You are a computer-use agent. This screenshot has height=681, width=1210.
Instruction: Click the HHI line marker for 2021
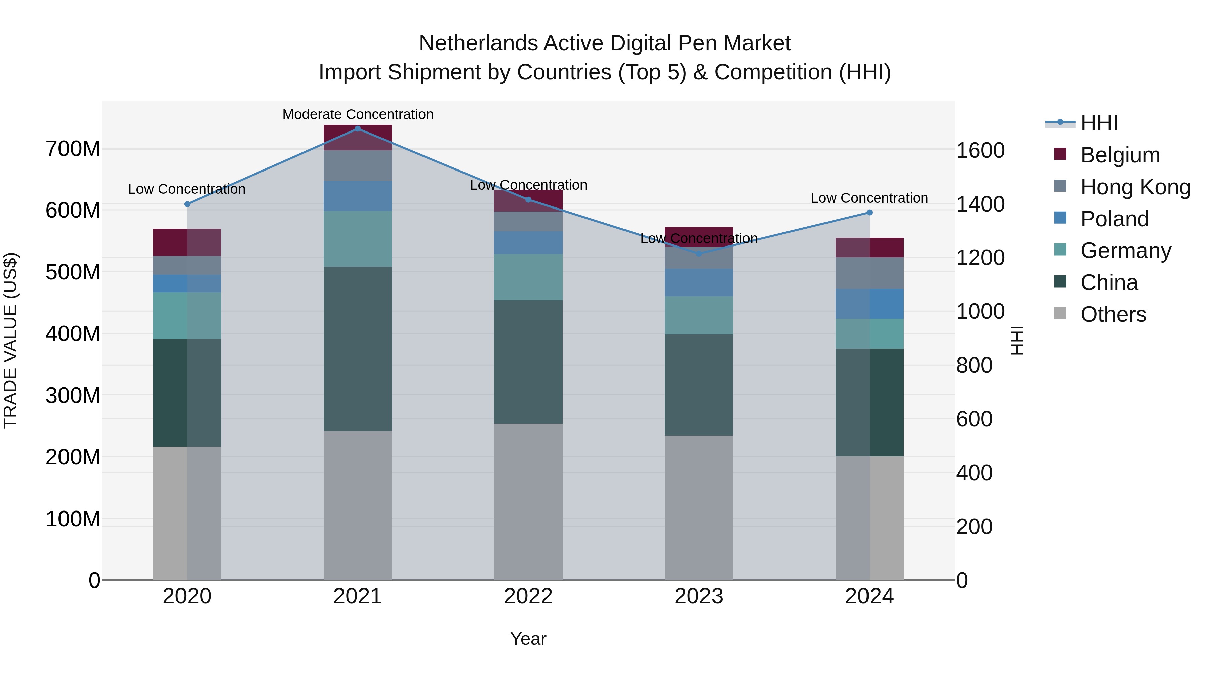(x=358, y=129)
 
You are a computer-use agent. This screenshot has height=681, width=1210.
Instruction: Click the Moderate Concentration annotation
(x=358, y=115)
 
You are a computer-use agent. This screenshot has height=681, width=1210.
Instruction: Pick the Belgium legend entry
(x=1120, y=155)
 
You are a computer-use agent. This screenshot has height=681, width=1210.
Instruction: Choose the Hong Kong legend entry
(x=1135, y=187)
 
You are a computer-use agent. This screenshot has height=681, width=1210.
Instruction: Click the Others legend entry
(x=1113, y=314)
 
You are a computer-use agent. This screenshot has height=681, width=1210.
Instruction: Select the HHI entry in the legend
(x=1099, y=123)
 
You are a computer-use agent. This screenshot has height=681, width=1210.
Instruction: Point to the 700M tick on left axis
(x=73, y=149)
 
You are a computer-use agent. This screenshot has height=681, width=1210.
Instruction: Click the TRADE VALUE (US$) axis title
(x=11, y=340)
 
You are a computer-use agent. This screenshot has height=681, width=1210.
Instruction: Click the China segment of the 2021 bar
(x=358, y=349)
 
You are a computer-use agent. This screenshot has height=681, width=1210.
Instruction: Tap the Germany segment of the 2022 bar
(x=528, y=277)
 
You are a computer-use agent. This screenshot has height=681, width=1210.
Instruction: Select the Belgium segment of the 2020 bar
(x=187, y=242)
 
